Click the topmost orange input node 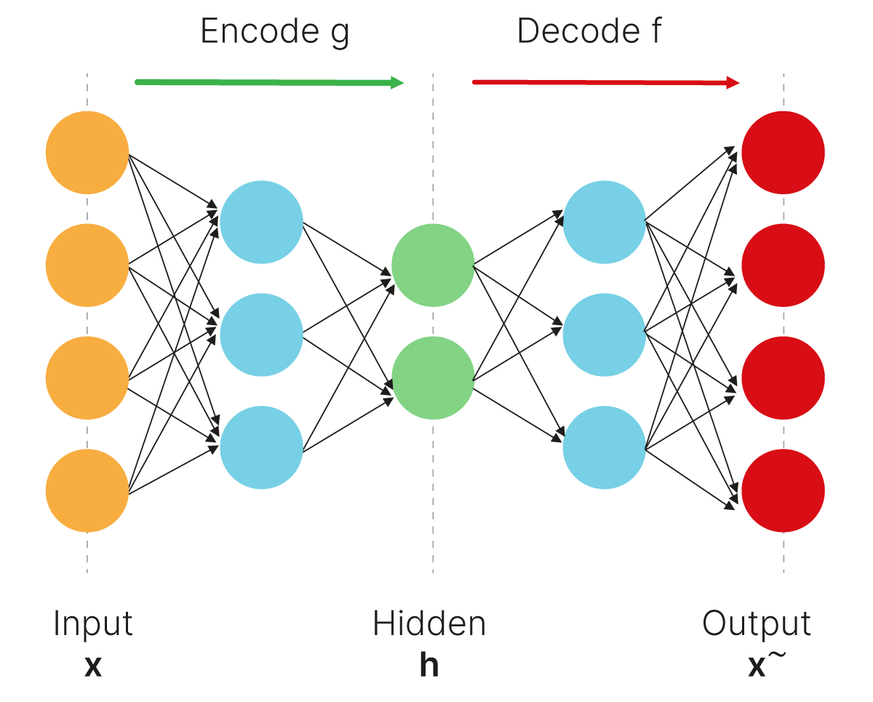point(87,153)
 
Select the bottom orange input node point(87,491)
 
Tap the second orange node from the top point(87,266)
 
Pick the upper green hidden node point(433,266)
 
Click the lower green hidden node point(433,378)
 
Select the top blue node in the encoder point(261,222)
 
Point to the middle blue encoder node point(261,335)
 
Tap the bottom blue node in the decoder point(605,447)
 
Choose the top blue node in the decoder point(605,222)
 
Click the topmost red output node point(784,153)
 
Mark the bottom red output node point(784,491)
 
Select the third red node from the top point(784,378)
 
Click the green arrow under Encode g point(269,82)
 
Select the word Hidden point(429,624)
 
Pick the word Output point(757,624)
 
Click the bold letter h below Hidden point(429,666)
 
